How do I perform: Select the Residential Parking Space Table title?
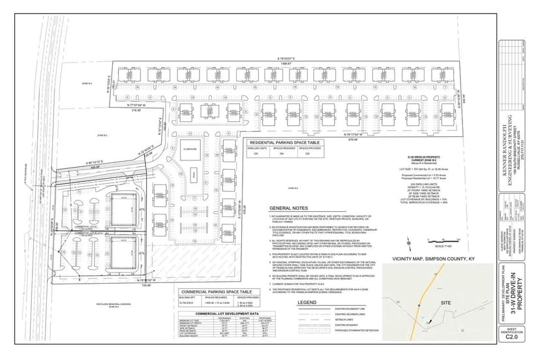[x=285, y=142]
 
